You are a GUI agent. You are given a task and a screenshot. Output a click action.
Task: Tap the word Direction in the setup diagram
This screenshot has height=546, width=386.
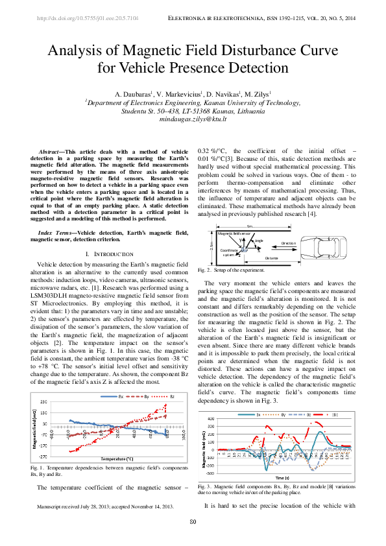(x=288, y=244)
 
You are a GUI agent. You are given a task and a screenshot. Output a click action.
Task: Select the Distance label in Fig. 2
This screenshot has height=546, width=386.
(x=272, y=257)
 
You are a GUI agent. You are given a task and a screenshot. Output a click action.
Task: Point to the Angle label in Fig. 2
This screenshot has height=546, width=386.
(x=259, y=241)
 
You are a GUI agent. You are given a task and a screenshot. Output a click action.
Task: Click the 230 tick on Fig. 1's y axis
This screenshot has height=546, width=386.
(x=43, y=402)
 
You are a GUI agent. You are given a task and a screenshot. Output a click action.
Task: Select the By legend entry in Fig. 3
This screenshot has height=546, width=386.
(x=283, y=414)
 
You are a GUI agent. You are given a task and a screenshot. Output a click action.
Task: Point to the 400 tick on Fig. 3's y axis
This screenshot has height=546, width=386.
(x=210, y=419)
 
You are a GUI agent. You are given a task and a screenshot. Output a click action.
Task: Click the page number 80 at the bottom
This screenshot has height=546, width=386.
(x=193, y=523)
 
